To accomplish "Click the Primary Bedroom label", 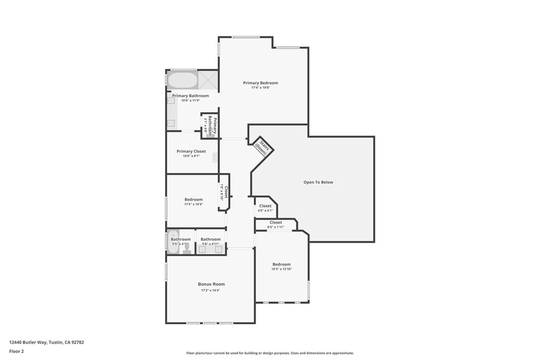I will click(x=260, y=83).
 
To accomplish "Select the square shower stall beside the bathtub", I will click(x=208, y=81).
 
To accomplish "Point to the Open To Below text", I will click(x=318, y=182).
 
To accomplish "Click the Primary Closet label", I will click(x=191, y=151).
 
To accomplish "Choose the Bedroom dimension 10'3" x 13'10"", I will click(x=281, y=269).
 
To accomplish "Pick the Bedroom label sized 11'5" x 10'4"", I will click(x=194, y=199).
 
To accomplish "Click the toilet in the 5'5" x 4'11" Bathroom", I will click(x=186, y=250).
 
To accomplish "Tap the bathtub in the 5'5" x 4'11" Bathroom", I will click(x=173, y=242).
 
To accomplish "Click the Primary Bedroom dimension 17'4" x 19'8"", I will click(x=260, y=87).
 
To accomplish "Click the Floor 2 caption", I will click(x=16, y=351).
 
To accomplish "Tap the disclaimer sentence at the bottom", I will click(x=269, y=353).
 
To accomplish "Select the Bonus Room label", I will click(x=211, y=284).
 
